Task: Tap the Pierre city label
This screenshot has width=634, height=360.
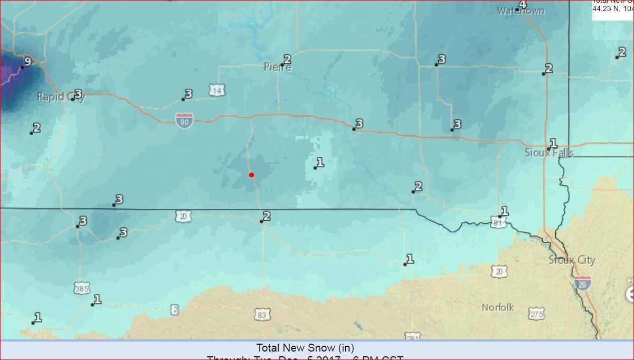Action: (x=277, y=67)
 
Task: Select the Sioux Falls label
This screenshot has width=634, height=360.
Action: (x=549, y=153)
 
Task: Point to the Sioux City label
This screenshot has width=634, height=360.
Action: (x=572, y=260)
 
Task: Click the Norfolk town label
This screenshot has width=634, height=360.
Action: (x=497, y=307)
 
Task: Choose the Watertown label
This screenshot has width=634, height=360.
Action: (x=521, y=11)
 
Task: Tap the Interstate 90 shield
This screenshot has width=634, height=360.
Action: (x=184, y=120)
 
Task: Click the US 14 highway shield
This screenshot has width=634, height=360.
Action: (x=216, y=91)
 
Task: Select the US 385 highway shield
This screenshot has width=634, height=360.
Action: (x=82, y=288)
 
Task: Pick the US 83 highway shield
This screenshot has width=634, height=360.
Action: (x=262, y=315)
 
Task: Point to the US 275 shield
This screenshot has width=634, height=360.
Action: (x=536, y=314)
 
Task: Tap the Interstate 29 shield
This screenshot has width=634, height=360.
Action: (x=583, y=283)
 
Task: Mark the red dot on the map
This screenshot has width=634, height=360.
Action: (x=252, y=175)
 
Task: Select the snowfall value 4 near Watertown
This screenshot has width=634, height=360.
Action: (x=523, y=5)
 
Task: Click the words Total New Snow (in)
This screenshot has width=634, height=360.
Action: (x=305, y=348)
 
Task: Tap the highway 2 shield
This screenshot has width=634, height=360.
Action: (x=175, y=310)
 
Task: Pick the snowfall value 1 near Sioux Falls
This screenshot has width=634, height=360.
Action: (x=553, y=143)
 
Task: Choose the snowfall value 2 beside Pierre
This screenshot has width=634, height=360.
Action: (x=287, y=59)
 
